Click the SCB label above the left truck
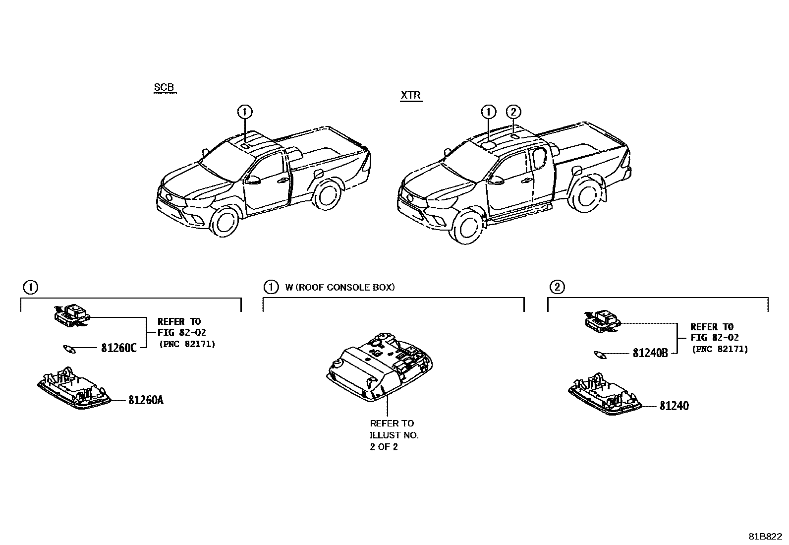[x=164, y=88]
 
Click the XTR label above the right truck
[x=411, y=95]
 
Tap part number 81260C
[x=118, y=348]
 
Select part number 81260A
[x=146, y=400]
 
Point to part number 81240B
[x=650, y=353]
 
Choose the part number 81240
[x=674, y=406]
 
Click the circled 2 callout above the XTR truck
[x=513, y=112]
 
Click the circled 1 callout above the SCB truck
[x=244, y=112]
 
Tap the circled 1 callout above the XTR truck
[x=488, y=112]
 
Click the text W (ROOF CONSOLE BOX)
[x=340, y=287]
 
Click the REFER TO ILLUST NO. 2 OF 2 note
[x=394, y=435]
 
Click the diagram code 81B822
[x=765, y=537]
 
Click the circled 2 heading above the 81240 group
[x=557, y=287]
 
